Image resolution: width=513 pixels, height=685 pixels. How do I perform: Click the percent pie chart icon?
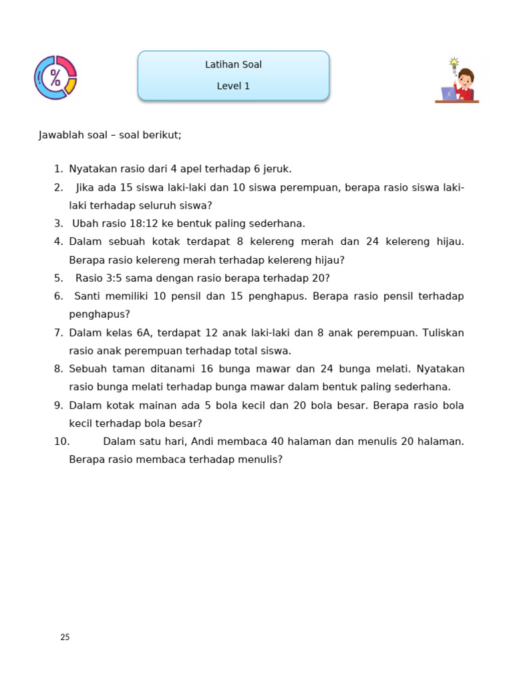(x=55, y=78)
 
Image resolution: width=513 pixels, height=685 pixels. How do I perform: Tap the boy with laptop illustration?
(x=458, y=82)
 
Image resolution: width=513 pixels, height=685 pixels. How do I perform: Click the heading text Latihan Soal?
(x=233, y=65)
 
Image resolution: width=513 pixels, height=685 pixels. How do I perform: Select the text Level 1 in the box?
(x=233, y=86)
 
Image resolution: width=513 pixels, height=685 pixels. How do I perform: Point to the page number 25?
(x=65, y=638)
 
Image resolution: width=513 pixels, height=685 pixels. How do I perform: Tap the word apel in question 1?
(x=194, y=169)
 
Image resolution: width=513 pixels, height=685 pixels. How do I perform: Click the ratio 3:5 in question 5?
(x=109, y=278)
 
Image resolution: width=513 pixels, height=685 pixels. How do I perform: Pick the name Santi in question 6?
(x=88, y=296)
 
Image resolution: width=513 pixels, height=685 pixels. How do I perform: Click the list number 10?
(x=61, y=442)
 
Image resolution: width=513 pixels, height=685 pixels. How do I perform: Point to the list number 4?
(x=58, y=241)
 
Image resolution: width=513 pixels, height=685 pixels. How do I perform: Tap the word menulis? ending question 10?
(x=261, y=460)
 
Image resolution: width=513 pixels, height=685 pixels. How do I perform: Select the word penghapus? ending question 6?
(x=100, y=314)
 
